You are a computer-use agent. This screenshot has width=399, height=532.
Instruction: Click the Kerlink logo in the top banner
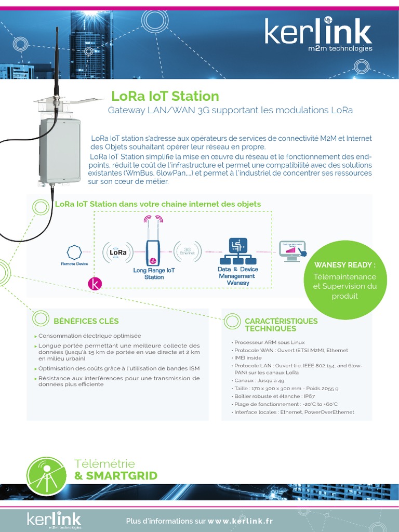pyautogui.click(x=318, y=35)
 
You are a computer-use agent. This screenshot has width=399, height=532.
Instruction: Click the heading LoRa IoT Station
pyautogui.click(x=165, y=96)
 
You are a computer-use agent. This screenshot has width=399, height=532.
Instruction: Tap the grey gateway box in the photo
pyautogui.click(x=60, y=151)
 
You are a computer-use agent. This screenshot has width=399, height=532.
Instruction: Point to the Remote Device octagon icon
pyautogui.click(x=74, y=252)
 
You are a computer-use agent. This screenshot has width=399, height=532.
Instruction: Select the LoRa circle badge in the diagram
pyautogui.click(x=117, y=252)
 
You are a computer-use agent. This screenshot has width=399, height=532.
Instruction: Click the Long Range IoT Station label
pyautogui.click(x=154, y=273)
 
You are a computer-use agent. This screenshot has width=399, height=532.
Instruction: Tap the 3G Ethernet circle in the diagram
pyautogui.click(x=188, y=250)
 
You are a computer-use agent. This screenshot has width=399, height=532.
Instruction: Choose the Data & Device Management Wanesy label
pyautogui.click(x=237, y=276)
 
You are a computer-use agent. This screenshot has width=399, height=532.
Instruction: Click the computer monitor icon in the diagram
pyautogui.click(x=292, y=250)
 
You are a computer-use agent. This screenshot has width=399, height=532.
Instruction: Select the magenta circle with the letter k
pyautogui.click(x=95, y=283)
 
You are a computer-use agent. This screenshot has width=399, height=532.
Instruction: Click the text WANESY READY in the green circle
pyautogui.click(x=344, y=265)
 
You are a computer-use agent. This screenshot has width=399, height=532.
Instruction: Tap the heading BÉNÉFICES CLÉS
pyautogui.click(x=86, y=321)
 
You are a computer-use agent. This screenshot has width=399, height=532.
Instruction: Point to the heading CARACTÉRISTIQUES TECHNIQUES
pyautogui.click(x=281, y=325)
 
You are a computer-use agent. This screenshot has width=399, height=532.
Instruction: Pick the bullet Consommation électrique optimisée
pyautogui.click(x=89, y=336)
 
